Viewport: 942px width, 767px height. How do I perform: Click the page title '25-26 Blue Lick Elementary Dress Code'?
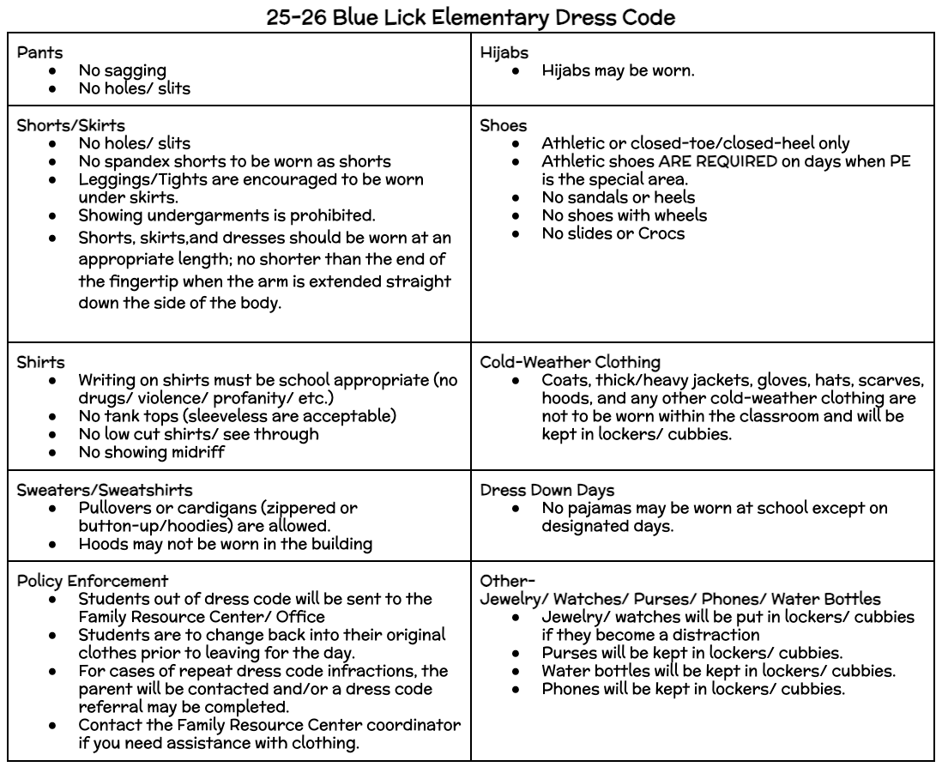(x=470, y=15)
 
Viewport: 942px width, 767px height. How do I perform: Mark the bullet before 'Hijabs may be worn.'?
(x=513, y=72)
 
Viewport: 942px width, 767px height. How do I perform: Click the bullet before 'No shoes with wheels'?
(x=513, y=214)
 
